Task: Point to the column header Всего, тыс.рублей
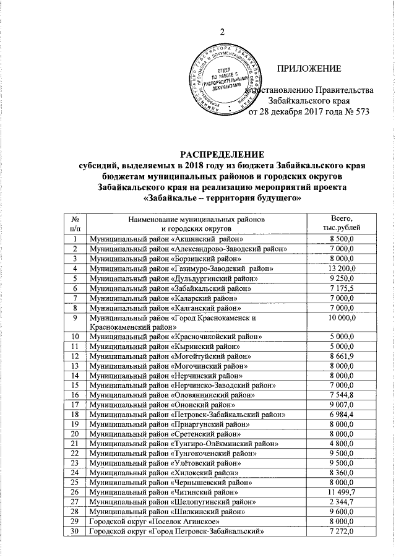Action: coord(342,224)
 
